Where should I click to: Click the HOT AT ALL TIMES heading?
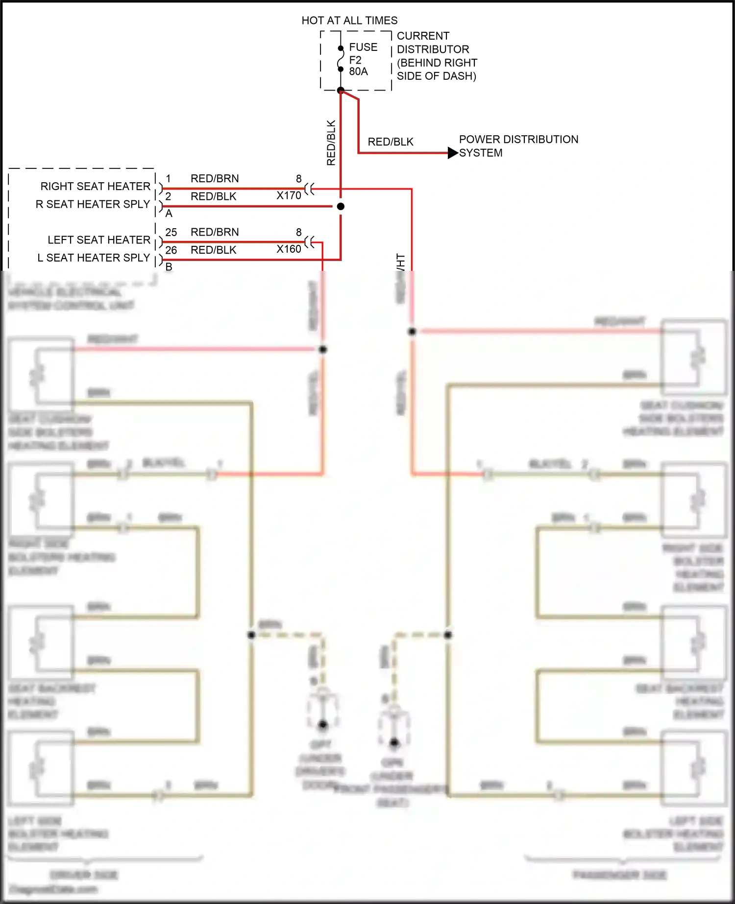349,21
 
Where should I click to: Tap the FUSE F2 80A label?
363,59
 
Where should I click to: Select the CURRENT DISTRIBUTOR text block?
436,56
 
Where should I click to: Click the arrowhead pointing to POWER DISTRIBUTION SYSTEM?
453,153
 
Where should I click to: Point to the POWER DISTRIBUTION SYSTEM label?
518,146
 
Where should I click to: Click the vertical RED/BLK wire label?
331,143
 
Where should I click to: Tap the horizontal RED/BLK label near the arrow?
391,142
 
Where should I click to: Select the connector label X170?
289,195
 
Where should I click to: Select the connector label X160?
289,249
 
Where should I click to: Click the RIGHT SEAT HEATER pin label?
95,187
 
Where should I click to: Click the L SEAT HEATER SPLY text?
94,258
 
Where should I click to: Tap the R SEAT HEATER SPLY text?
93,204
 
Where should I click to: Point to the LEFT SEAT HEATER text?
98,240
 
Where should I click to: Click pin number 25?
171,232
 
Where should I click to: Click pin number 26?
171,250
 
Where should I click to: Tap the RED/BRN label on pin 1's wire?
215,179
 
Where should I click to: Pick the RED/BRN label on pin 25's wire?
215,232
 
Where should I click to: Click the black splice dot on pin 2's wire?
341,207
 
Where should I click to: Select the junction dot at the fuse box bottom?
341,90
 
